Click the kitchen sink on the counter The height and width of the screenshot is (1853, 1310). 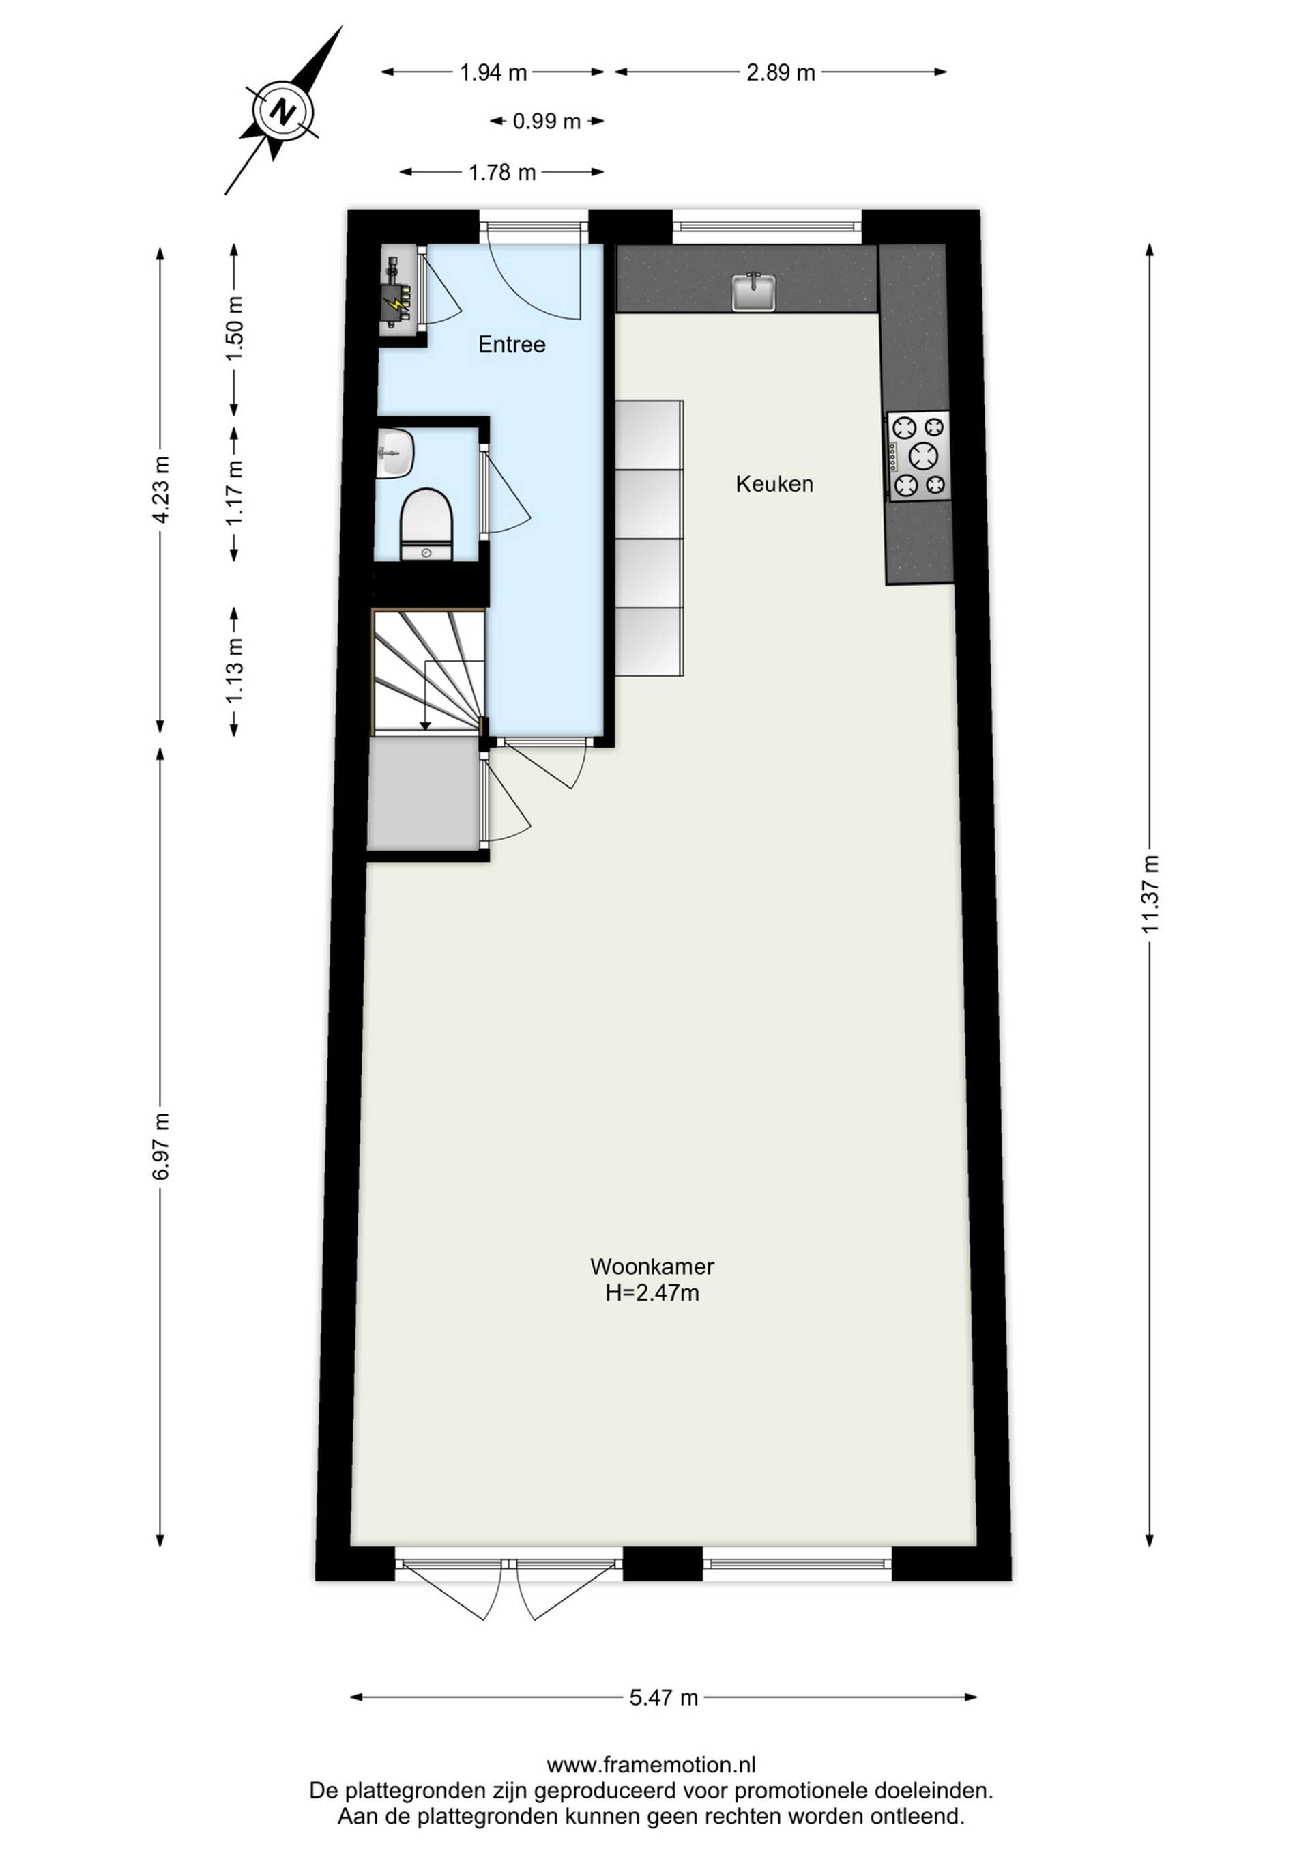753,292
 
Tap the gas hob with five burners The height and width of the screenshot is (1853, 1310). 919,456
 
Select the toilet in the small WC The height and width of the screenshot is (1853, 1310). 426,524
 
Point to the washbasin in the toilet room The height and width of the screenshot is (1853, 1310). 394,453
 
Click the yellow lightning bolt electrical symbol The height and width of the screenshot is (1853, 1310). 396,305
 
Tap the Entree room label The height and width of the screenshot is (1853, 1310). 512,345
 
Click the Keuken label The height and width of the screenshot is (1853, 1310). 774,484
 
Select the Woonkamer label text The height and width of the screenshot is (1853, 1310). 652,1267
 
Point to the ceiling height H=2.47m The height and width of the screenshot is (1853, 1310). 652,1293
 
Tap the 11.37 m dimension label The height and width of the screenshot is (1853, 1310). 1150,894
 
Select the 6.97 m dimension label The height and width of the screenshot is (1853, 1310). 160,1146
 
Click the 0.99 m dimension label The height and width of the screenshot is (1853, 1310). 547,122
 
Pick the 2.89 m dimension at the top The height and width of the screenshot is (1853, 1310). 780,72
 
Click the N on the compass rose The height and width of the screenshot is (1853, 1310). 282,111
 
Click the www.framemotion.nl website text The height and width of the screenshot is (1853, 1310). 651,1765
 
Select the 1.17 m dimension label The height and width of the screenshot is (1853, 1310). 235,492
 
